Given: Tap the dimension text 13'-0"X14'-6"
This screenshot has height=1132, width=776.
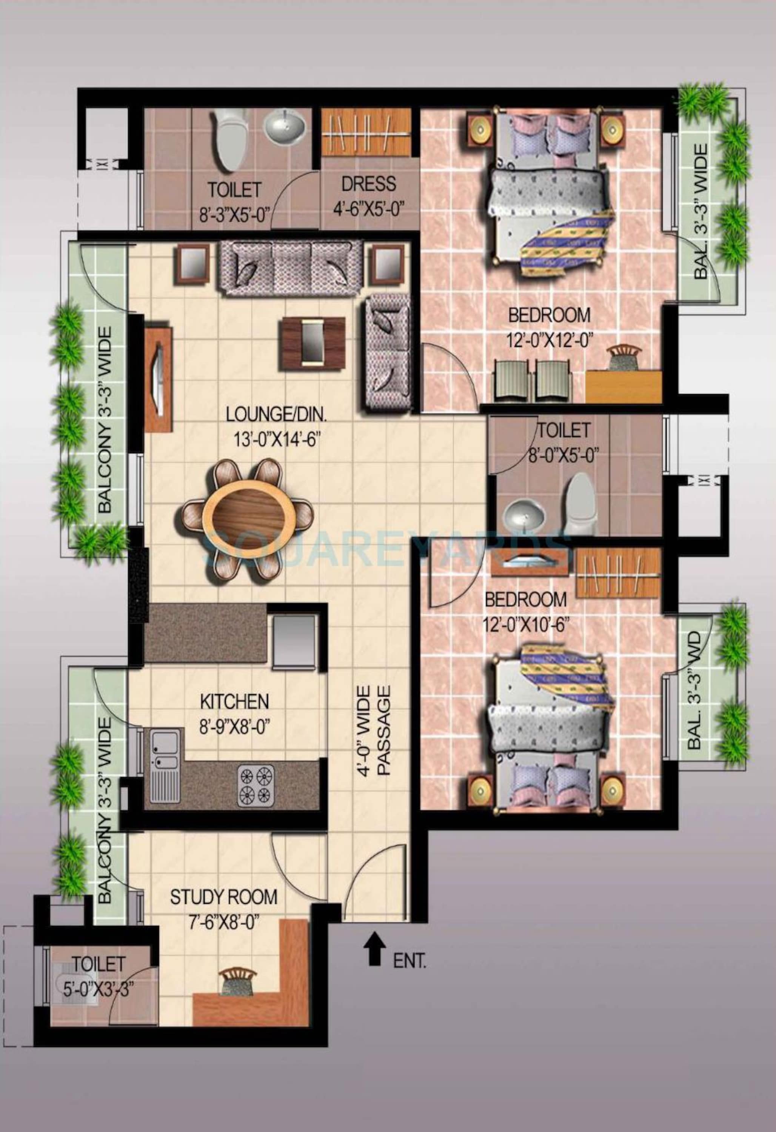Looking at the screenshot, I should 276,439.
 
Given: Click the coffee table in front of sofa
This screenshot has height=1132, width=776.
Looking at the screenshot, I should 312,341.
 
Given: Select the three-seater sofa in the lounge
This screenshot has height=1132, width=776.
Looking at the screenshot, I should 291,268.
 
